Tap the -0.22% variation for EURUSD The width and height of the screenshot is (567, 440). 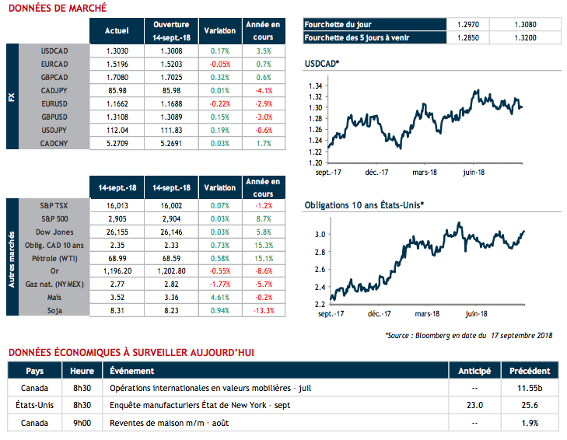coord(220,103)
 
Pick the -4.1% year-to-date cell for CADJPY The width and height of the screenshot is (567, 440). coord(263,89)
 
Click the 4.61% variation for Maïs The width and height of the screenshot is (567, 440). coord(220,296)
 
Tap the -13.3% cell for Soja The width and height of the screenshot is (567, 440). coord(263,309)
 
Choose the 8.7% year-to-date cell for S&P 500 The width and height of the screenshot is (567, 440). coord(263,218)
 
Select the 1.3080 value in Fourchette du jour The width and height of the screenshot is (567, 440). coord(525,24)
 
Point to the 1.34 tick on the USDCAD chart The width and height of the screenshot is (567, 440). coord(315,86)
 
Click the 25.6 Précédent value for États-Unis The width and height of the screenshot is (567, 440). coord(530,404)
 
